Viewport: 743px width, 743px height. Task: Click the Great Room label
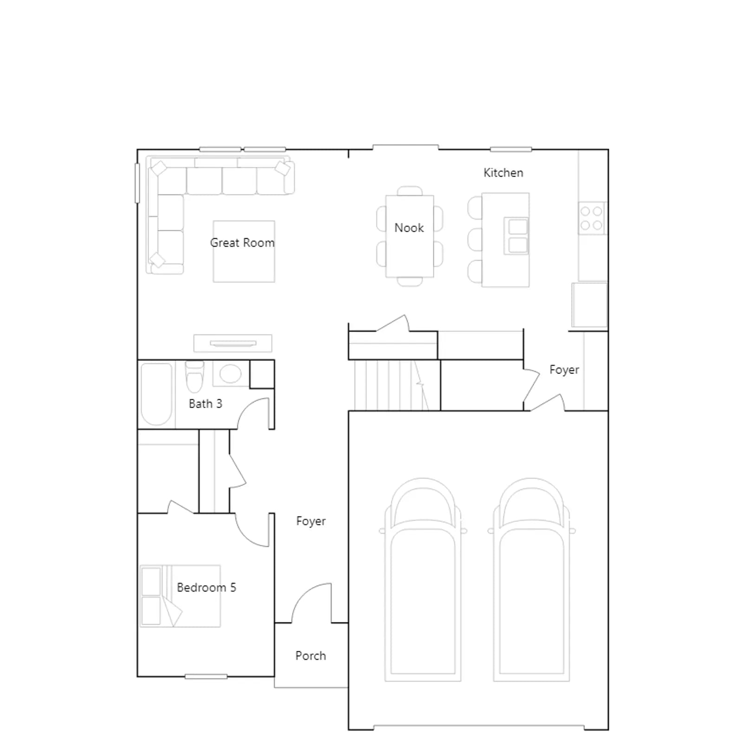(x=242, y=242)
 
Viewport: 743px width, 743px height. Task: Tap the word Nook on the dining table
(x=409, y=228)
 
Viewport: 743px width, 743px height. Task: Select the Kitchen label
(x=503, y=173)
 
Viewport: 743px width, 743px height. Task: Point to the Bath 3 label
(x=205, y=404)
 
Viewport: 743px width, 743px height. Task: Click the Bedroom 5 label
(x=206, y=587)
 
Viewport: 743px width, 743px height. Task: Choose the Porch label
(x=311, y=656)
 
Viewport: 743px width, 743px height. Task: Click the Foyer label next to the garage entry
(x=564, y=370)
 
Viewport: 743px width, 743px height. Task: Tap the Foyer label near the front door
(x=311, y=521)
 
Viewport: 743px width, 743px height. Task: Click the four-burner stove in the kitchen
(x=592, y=218)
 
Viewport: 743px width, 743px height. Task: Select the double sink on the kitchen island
(x=516, y=236)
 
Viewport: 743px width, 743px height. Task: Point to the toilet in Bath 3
(x=195, y=376)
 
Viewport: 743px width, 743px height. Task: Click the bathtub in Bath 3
(x=156, y=394)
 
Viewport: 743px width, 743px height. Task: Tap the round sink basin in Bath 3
(x=230, y=373)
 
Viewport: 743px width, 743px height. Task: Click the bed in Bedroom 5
(x=180, y=596)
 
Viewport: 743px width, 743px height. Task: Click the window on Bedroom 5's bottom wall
(x=206, y=677)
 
